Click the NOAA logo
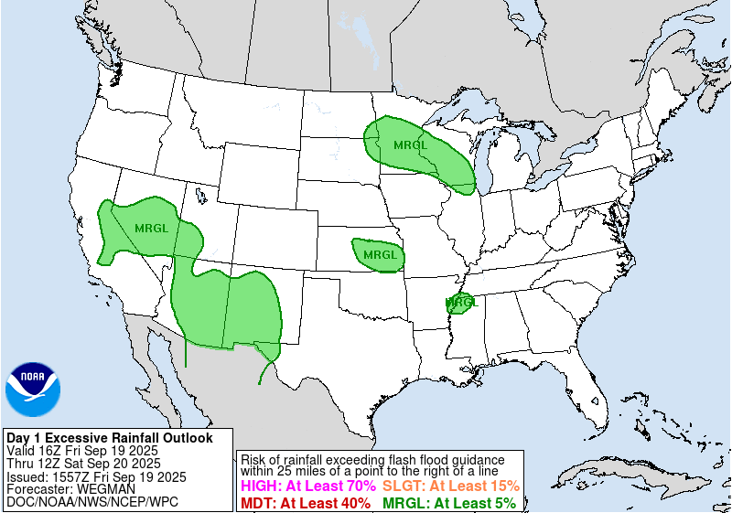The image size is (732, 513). tap(32, 390)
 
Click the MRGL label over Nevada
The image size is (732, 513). tap(152, 227)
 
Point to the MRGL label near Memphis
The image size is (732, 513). tap(462, 301)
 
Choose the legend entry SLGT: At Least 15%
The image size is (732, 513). tap(450, 486)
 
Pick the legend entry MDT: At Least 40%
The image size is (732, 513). tap(305, 503)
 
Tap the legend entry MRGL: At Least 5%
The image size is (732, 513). tap(448, 503)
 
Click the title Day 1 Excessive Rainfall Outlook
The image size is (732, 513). tap(110, 438)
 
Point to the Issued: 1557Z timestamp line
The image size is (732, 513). tap(96, 476)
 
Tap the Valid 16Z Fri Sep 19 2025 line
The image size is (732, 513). tap(82, 451)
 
